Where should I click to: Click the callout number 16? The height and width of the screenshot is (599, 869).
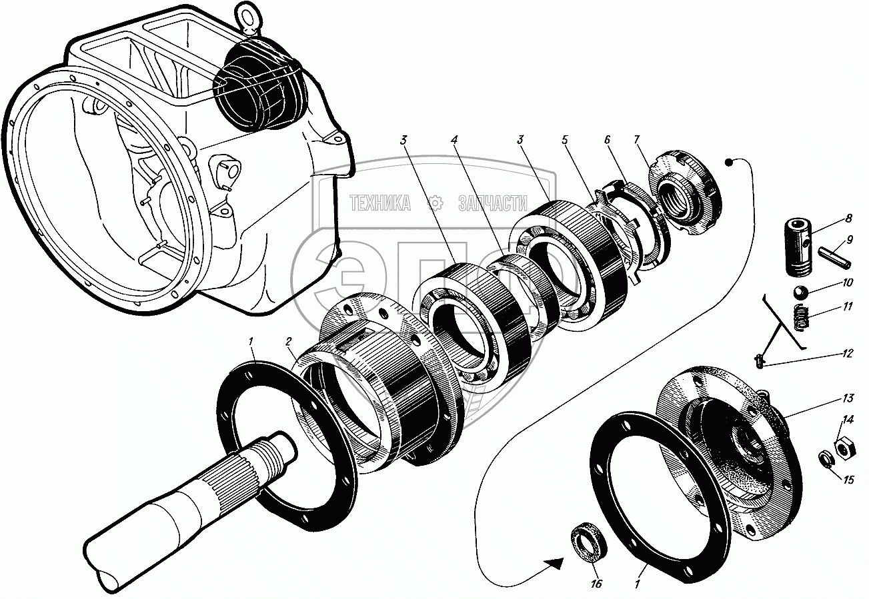point(596,584)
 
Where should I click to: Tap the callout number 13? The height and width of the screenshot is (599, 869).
point(848,399)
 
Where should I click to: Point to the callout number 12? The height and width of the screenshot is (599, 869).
point(848,354)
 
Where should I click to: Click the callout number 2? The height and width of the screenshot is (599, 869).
point(289,342)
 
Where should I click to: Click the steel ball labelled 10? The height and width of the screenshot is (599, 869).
point(802,292)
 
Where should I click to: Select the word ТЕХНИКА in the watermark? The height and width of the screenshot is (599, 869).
point(379,203)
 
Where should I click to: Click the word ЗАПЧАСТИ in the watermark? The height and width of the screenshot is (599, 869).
point(493,203)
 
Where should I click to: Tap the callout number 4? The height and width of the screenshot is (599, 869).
point(454,141)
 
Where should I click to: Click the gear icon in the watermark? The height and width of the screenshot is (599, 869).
point(436,203)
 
